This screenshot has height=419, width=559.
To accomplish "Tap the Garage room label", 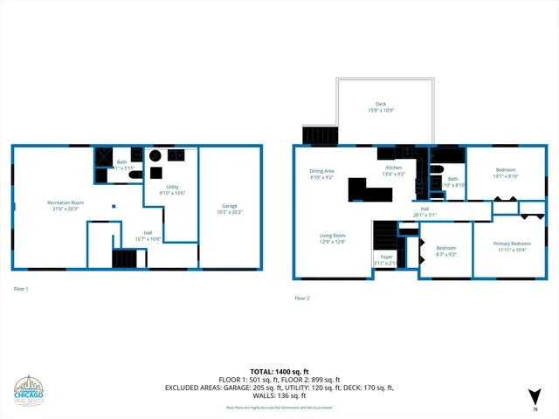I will (x=230, y=205).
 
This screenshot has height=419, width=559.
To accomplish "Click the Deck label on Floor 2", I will (x=381, y=105).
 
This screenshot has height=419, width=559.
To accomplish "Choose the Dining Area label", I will (x=322, y=171).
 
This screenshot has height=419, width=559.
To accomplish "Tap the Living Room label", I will (x=332, y=235).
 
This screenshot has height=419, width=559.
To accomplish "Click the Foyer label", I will (x=383, y=258).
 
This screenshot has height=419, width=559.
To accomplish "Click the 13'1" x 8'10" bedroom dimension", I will (x=507, y=176).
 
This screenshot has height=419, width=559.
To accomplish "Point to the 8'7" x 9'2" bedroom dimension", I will (x=446, y=255).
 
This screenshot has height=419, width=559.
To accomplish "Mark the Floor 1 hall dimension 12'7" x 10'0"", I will (x=148, y=238).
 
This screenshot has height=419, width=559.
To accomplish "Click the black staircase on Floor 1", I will (x=126, y=259).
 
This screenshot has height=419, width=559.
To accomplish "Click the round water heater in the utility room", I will (x=155, y=156).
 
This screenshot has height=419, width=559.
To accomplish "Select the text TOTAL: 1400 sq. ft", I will (x=279, y=372).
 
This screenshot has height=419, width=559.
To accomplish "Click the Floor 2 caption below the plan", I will (x=302, y=298).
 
